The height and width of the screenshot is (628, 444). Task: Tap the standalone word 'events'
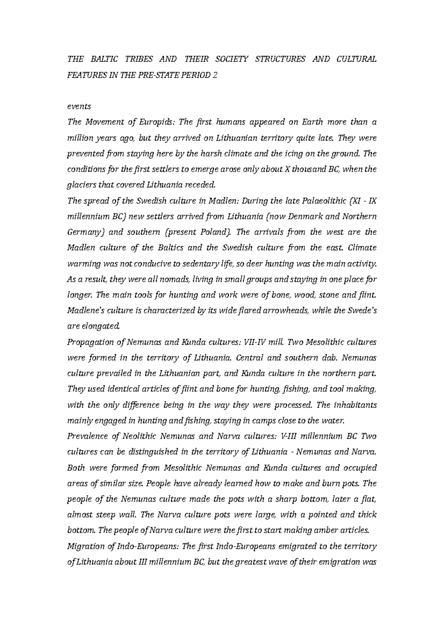[x=78, y=107]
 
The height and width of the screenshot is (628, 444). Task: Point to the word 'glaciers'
[x=80, y=185]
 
